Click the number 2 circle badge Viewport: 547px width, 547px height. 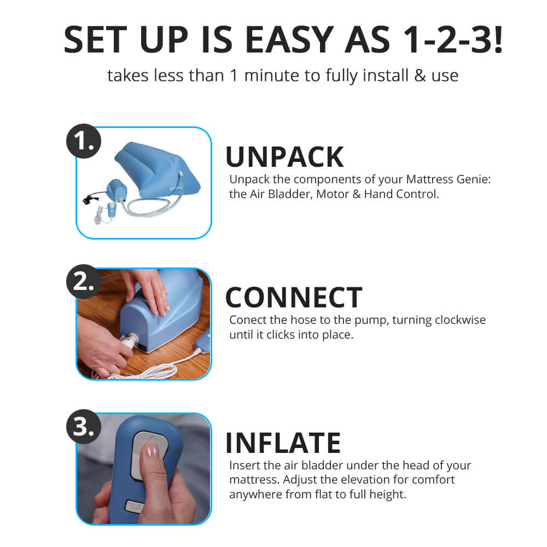[x=84, y=283]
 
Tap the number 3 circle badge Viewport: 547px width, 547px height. [x=84, y=427]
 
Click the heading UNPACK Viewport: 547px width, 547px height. [x=284, y=157]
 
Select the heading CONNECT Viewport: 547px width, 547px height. [x=293, y=298]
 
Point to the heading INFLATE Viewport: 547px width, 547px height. [x=283, y=443]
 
